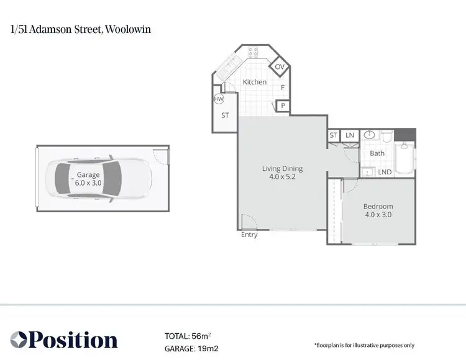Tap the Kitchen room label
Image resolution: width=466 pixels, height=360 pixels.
click(x=255, y=82)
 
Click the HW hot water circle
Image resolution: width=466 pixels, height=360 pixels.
click(x=219, y=99)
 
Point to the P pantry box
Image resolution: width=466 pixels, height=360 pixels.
click(x=283, y=106)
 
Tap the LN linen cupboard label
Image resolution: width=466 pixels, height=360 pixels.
click(x=350, y=135)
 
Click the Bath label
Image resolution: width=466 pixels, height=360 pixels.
click(x=377, y=153)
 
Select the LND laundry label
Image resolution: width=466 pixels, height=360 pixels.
click(x=384, y=172)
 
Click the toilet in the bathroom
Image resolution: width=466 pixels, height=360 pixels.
click(x=386, y=136)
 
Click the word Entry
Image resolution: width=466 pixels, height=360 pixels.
click(x=250, y=235)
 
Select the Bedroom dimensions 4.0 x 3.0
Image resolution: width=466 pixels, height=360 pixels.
click(x=378, y=215)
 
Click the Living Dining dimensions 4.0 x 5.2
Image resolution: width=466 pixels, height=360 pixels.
click(x=282, y=176)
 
